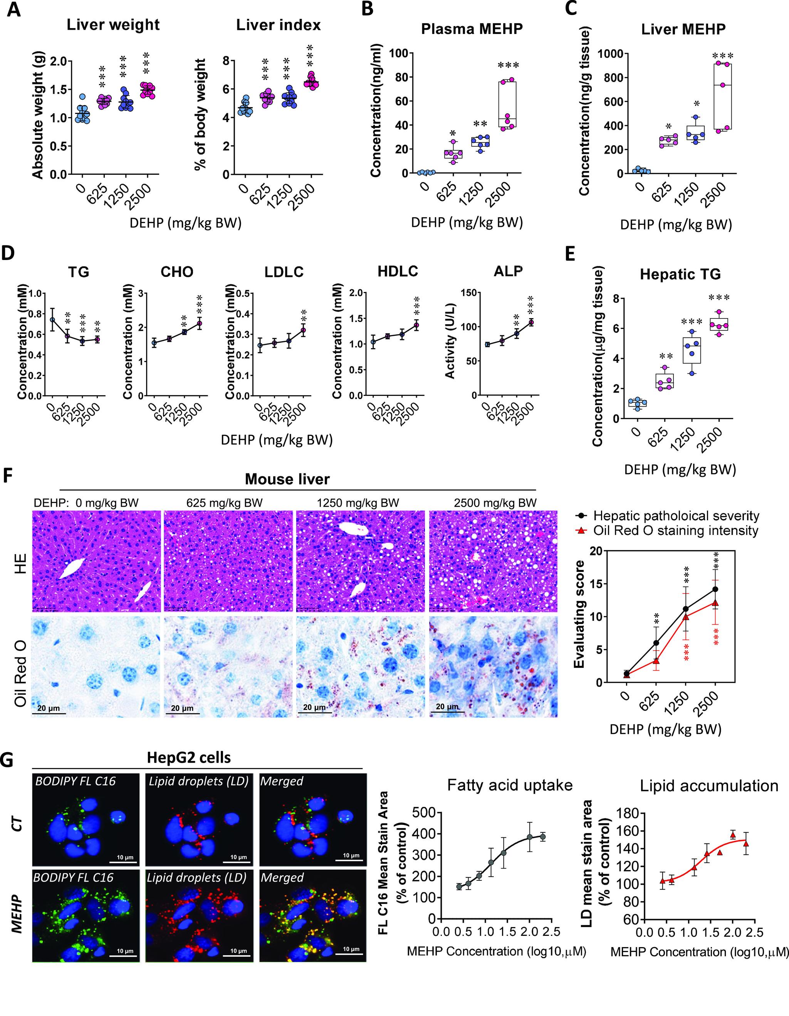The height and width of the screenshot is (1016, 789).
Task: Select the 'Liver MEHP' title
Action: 683,29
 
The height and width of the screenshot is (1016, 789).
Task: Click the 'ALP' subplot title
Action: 508,272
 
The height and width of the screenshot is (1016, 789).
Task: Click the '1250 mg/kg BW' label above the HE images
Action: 358,503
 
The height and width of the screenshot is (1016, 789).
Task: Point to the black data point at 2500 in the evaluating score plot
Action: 715,589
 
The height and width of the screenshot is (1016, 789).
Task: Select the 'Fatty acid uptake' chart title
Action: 509,785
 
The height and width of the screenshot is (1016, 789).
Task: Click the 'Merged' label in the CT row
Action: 282,781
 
